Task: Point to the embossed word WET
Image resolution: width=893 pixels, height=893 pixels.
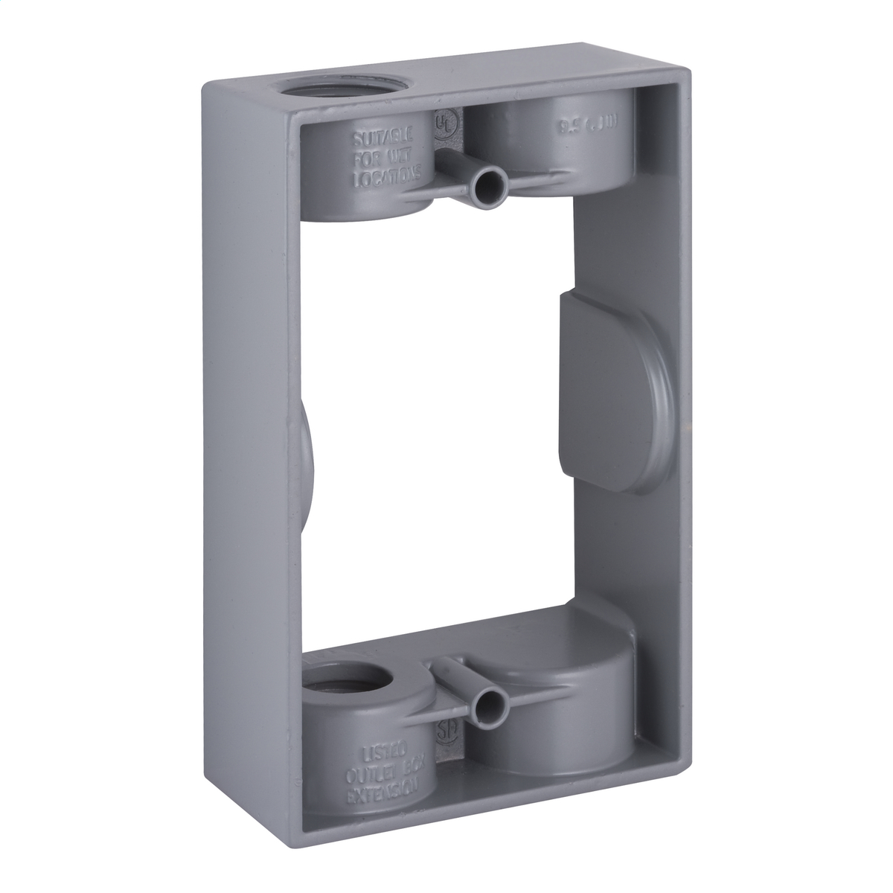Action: pyautogui.click(x=405, y=157)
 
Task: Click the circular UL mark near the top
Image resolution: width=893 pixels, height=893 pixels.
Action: pyautogui.click(x=446, y=121)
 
